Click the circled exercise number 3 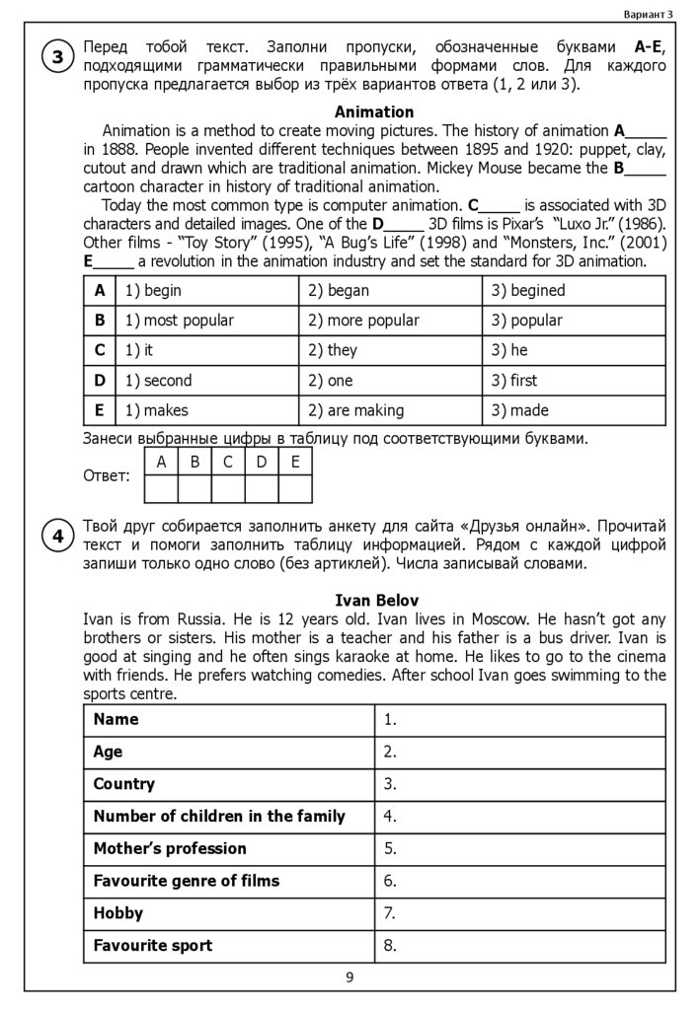coord(57,57)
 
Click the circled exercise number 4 coord(57,536)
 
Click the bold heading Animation coord(374,111)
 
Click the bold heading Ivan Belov coord(376,600)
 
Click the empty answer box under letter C coord(228,489)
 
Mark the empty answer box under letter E coord(295,489)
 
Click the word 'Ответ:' coord(107,476)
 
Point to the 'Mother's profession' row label coord(170,848)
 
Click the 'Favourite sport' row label coord(153,945)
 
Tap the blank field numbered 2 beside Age coord(519,752)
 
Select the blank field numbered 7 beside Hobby coord(519,913)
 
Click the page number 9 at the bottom coord(350,977)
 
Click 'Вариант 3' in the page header coord(649,14)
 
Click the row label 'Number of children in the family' coord(219,816)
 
